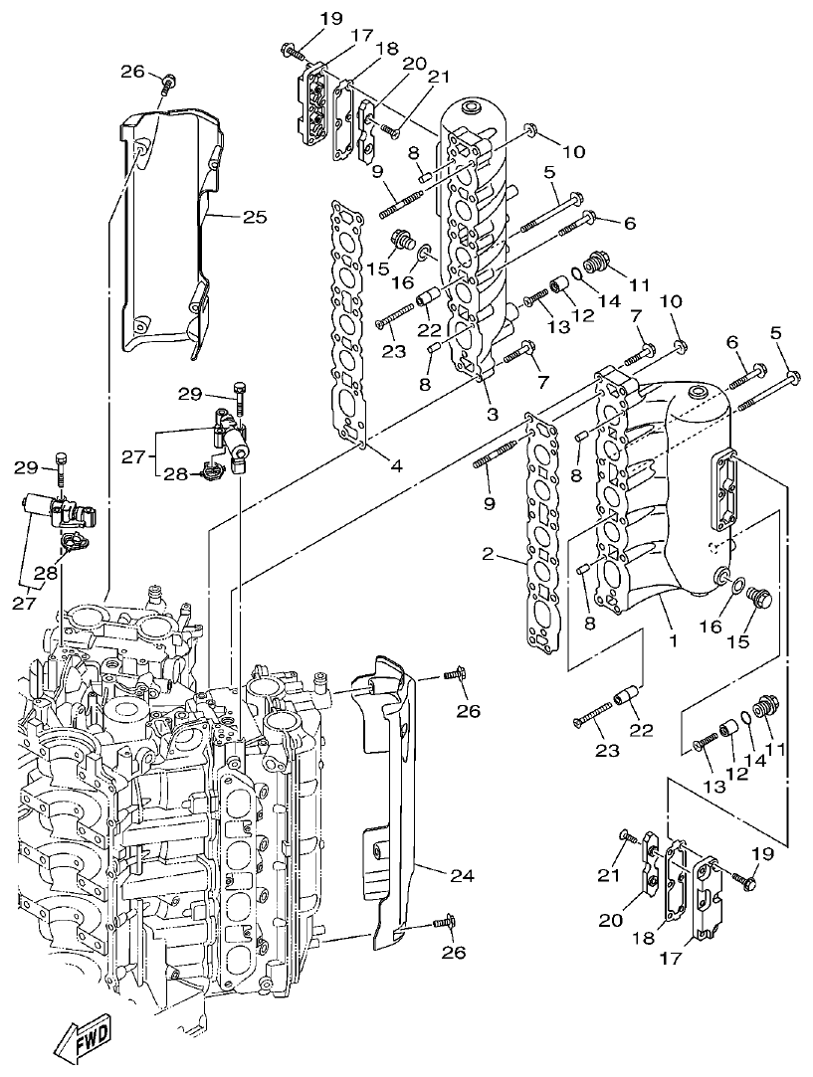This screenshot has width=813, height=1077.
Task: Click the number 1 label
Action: point(674,641)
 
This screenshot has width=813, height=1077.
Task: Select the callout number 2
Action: point(489,554)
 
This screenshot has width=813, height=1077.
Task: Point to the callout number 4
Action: point(396,465)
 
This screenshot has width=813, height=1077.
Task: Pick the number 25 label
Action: point(255,217)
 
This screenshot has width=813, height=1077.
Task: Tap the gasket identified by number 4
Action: point(349,318)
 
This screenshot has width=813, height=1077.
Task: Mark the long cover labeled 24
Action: point(393,796)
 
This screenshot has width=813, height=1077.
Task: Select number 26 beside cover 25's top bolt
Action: point(132,71)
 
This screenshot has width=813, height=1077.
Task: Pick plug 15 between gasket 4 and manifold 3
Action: point(404,240)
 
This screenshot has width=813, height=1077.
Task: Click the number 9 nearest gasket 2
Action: point(489,504)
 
